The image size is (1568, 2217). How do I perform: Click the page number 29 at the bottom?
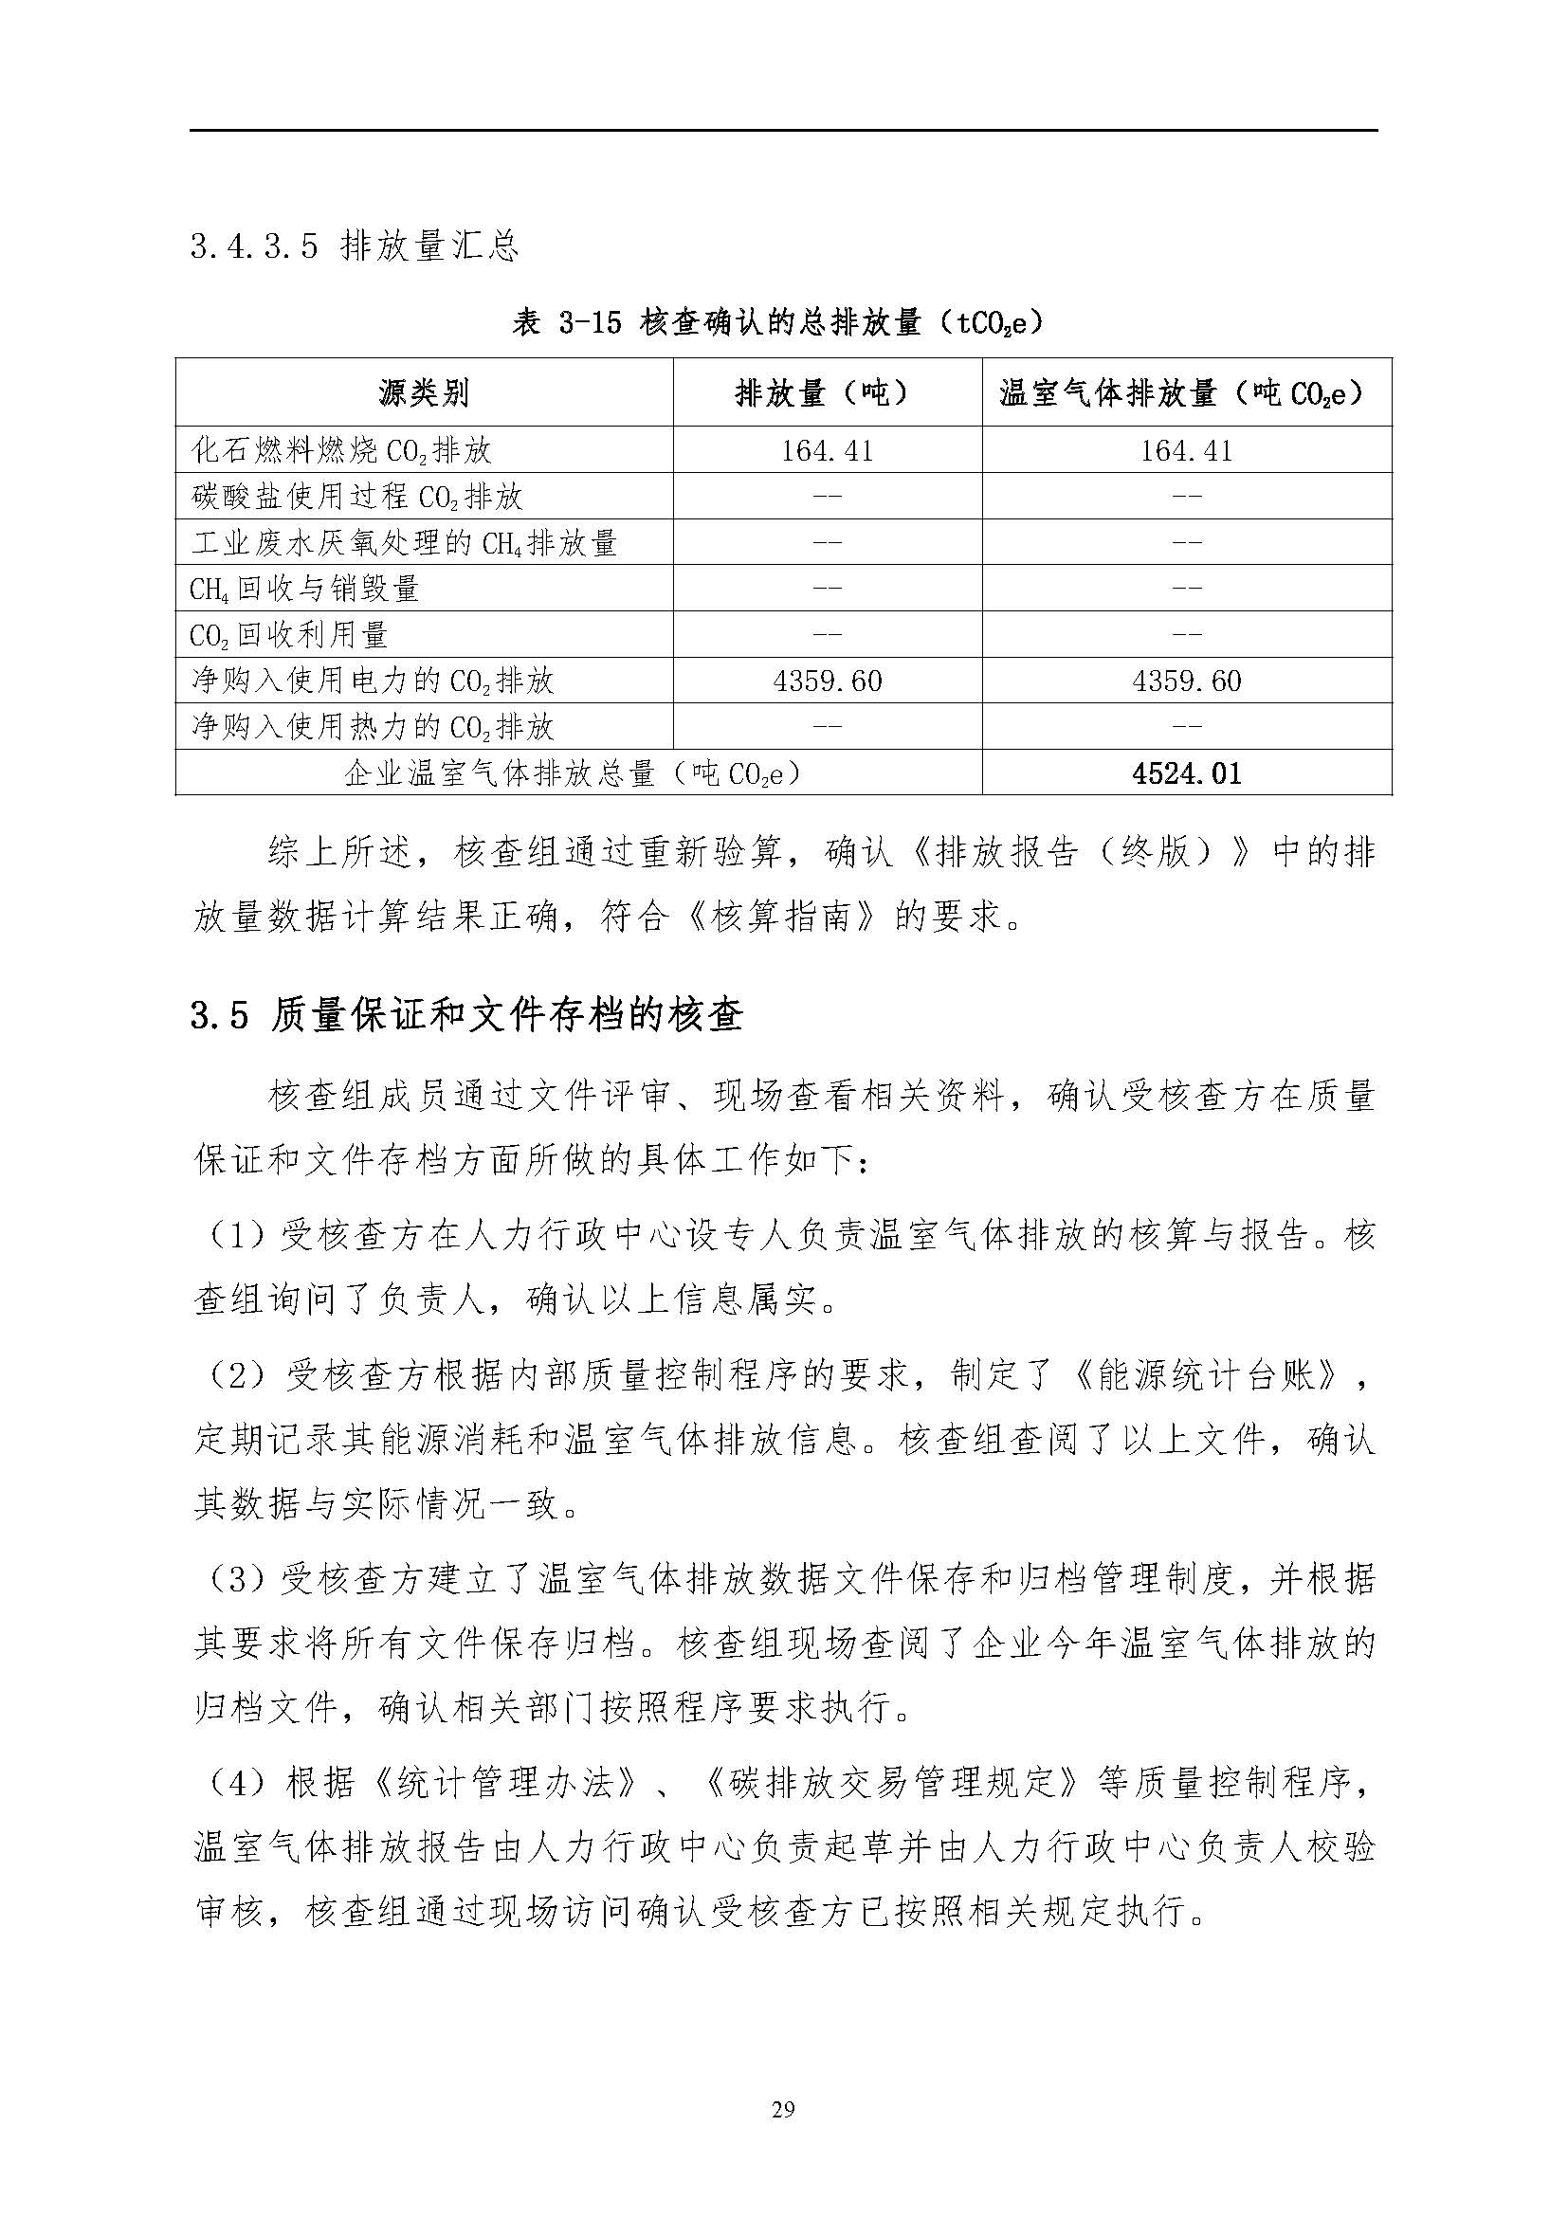783,2109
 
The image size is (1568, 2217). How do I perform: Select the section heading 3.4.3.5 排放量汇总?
355,247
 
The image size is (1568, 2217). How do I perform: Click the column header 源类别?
424,393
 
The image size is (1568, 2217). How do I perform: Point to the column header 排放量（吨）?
827,393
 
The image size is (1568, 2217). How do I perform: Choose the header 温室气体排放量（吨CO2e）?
1186,393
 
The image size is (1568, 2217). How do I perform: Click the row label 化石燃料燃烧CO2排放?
342,450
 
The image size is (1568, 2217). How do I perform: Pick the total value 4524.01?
1187,773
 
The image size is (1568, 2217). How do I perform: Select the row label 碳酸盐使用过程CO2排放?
357,497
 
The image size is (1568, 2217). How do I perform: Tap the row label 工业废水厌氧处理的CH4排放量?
404,543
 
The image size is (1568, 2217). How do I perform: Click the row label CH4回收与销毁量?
304,588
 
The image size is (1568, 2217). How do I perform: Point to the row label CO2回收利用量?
289,634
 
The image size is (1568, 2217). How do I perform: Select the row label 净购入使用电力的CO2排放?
373,681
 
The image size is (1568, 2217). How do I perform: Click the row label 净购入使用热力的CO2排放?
373,727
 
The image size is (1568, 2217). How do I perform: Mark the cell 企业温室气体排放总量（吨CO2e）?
576,773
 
